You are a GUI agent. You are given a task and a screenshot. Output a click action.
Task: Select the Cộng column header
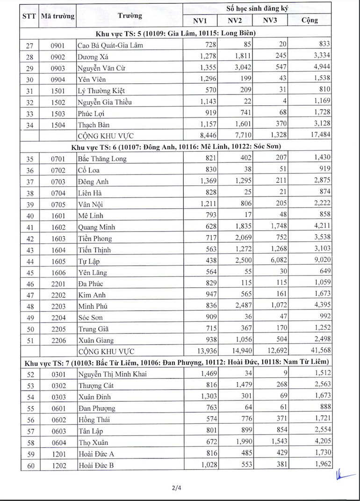[310, 20]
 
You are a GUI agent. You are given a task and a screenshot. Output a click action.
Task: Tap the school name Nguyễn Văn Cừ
[101, 68]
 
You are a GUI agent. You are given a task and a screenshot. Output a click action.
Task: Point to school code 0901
[58, 45]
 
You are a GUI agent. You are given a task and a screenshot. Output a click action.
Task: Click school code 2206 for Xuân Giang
[58, 340]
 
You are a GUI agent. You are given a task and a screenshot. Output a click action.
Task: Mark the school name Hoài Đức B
[96, 465]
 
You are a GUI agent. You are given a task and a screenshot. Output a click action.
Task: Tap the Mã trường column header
[58, 15]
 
